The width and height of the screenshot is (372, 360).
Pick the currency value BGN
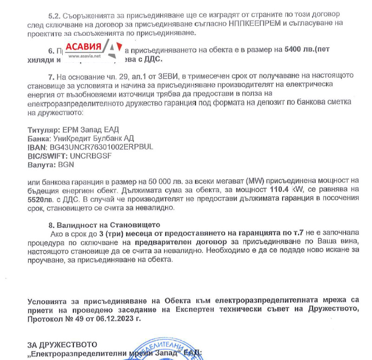point(66,164)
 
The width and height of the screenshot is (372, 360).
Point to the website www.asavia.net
point(85,57)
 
